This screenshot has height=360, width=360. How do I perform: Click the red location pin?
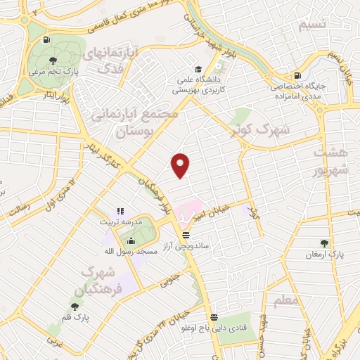181,165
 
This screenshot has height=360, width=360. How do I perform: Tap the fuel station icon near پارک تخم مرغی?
46,40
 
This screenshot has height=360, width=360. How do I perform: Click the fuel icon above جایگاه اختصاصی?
300,75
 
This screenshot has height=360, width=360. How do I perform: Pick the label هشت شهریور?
329,162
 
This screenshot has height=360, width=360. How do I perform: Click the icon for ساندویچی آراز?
185,234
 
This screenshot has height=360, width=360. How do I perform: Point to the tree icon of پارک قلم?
75,306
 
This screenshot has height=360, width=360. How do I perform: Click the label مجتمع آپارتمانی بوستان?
144,122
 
